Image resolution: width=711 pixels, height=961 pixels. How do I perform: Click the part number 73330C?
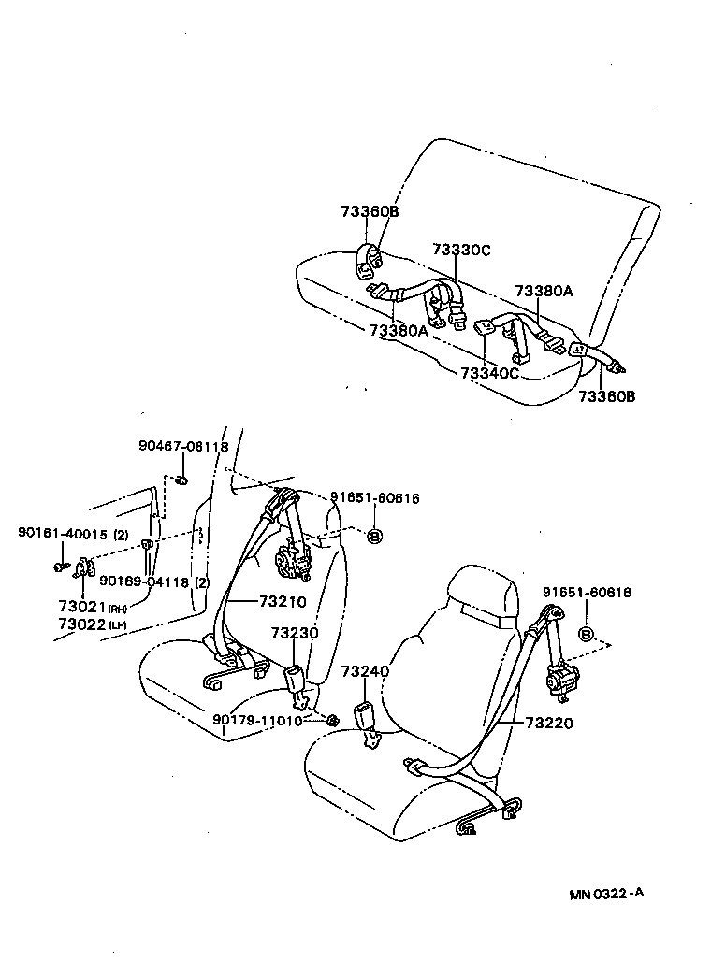[x=461, y=251]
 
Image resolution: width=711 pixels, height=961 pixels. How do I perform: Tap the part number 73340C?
[x=488, y=373]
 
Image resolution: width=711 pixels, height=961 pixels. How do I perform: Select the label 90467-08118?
[x=183, y=447]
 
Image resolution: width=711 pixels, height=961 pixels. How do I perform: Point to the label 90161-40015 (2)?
[x=73, y=534]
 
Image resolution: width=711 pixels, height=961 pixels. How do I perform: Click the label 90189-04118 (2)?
[x=154, y=581]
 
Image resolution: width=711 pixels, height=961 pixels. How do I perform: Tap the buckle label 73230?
[x=295, y=633]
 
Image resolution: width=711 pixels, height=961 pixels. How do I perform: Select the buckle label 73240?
[x=364, y=672]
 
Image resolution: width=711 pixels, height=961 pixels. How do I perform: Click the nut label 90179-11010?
[x=257, y=720]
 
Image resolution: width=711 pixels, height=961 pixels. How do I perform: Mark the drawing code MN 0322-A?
[x=607, y=893]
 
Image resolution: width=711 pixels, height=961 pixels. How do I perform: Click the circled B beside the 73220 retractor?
[x=587, y=635]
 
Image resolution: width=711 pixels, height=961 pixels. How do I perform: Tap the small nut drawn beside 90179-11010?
[x=331, y=720]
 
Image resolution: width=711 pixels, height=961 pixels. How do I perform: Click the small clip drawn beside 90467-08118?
[x=181, y=480]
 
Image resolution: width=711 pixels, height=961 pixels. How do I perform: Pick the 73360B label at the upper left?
[x=370, y=212]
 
